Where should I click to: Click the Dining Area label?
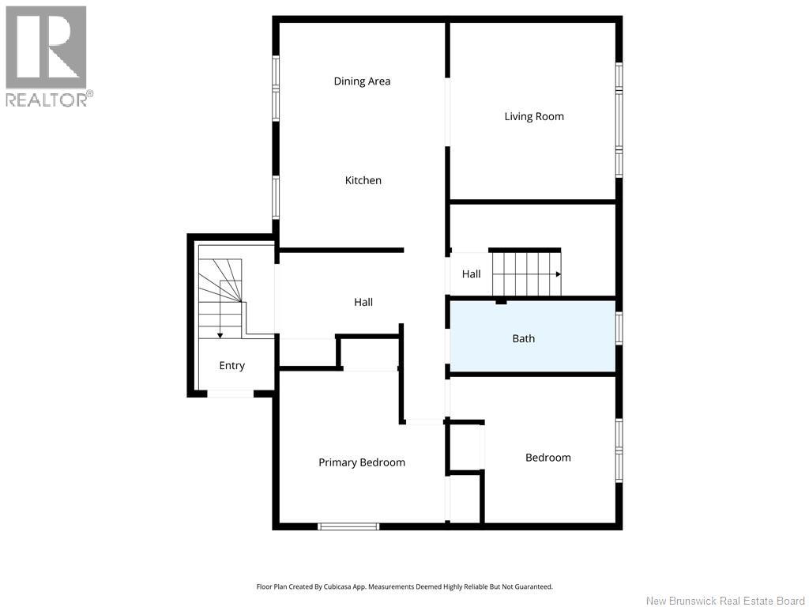362,81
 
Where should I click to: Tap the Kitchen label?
363,180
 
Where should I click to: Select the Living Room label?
534,117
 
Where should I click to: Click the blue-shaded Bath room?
533,336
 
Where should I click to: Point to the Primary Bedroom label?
362,462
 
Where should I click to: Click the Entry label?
231,365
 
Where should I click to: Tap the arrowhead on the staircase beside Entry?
220,335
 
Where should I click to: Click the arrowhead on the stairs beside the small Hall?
559,274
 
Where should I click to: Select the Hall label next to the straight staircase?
471,274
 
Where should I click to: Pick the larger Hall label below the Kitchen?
363,302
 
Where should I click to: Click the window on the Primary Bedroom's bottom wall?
348,526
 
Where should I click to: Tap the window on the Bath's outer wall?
619,328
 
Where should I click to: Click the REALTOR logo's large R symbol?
46,47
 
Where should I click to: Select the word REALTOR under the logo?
47,100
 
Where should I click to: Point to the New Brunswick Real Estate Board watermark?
725,601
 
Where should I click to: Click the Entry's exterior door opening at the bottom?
231,394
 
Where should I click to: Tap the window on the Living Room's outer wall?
619,120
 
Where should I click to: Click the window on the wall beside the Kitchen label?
276,197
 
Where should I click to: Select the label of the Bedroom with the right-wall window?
548,458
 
